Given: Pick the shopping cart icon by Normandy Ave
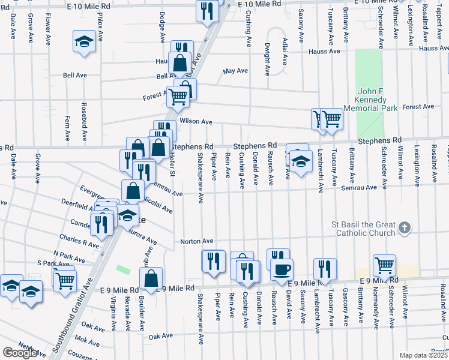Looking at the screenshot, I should pos(384,264).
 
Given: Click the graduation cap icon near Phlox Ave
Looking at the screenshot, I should pos(84,42).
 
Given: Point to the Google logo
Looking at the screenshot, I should pos(20,352).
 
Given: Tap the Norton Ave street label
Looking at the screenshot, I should pos(197,241).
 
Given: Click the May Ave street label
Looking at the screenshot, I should pos(235,70).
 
